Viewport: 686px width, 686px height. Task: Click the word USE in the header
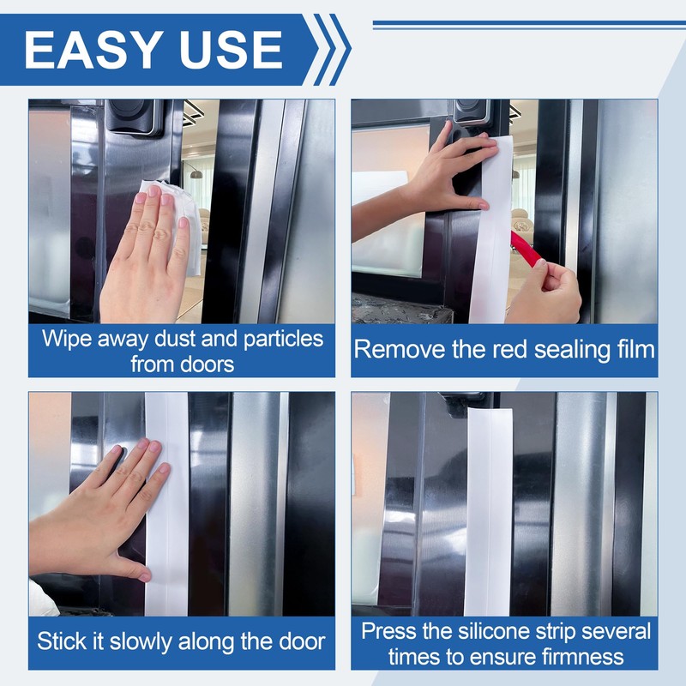point(231,50)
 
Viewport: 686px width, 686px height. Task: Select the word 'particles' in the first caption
point(283,340)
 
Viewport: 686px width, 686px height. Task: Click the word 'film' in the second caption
point(636,350)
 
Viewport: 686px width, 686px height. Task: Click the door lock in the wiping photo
point(135,117)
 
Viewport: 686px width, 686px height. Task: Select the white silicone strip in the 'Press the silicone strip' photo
point(489,512)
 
